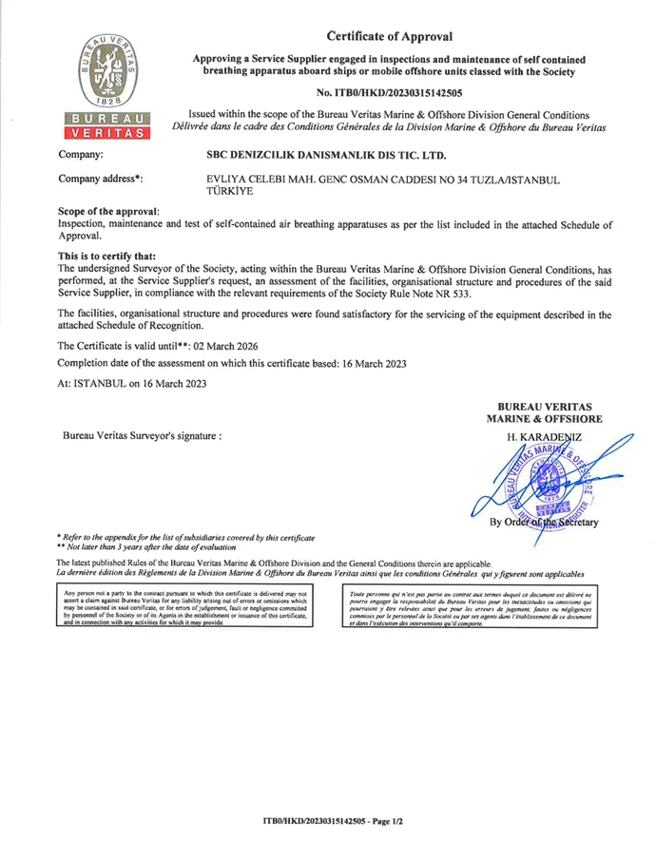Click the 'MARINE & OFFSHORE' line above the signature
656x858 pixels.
point(543,417)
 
